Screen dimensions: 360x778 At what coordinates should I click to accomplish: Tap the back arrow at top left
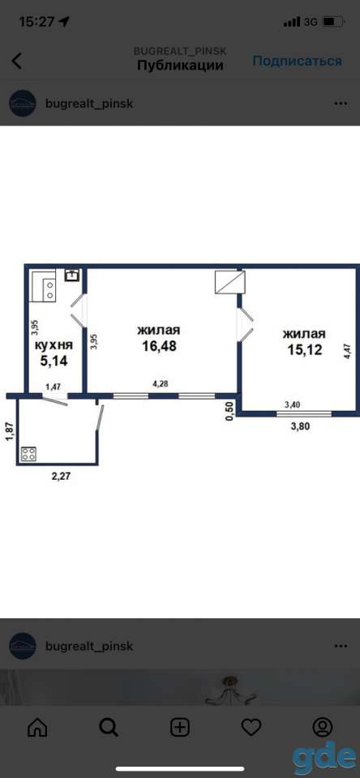pos(17,61)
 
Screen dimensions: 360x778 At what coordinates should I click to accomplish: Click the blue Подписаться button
pos(297,61)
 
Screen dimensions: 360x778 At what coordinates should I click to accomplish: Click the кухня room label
pos(54,345)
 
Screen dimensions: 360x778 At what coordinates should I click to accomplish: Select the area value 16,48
pos(160,346)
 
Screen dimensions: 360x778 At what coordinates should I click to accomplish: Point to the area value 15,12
pos(304,349)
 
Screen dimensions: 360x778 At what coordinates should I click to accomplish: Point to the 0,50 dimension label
pos(229,412)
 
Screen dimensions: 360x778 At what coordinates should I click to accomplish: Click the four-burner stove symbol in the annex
pos(28,454)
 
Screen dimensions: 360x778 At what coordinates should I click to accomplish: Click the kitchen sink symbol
pos(72,275)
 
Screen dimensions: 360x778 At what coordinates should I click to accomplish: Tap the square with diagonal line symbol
pos(229,282)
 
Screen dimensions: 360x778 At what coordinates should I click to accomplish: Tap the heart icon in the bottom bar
pos(251,728)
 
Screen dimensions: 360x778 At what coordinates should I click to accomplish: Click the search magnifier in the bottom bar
pos(109,728)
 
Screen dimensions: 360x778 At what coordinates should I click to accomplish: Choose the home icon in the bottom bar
pos(37,728)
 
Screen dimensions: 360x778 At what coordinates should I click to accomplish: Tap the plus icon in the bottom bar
pos(180,728)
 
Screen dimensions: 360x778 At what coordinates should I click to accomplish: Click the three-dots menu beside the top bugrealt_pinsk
pos(341,104)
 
